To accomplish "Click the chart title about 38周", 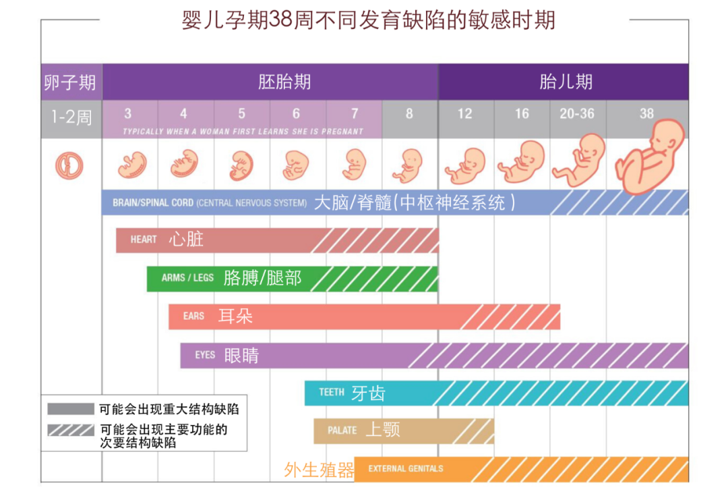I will point(368,20).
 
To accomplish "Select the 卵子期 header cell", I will point(70,82).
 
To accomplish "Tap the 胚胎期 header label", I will point(284,82).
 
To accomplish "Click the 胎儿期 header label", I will point(566,82).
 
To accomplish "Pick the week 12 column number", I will point(464,113).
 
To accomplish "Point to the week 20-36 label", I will point(577,113).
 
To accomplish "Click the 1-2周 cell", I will point(71,117).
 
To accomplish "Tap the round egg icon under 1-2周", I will point(69,165).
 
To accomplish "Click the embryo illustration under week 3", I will point(132,164).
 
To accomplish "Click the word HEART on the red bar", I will point(144,240).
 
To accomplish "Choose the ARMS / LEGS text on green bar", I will point(187,277).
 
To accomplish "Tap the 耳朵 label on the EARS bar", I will point(235,316).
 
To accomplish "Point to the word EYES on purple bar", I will point(205,355).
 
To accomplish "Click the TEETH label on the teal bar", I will point(331,392).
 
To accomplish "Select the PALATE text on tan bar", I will point(342,431).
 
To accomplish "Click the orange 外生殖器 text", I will point(319,470).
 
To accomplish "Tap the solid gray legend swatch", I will point(70,409).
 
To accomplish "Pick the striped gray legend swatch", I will point(70,430).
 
